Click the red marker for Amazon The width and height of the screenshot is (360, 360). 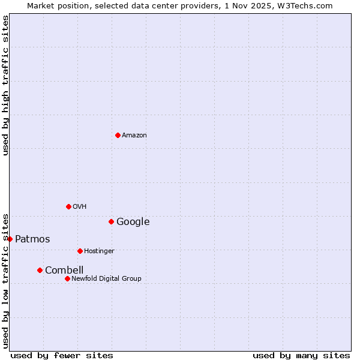(x=118, y=135)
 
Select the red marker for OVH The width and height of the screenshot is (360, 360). (x=68, y=206)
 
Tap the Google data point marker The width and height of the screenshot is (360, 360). (x=111, y=221)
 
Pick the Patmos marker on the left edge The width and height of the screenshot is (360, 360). (x=10, y=239)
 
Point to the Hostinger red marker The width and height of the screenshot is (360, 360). (x=80, y=251)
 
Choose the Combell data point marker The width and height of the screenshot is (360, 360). (x=40, y=270)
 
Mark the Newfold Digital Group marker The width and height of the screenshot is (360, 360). (x=67, y=278)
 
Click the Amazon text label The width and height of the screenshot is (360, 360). (x=134, y=136)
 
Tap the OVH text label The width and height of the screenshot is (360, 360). (x=80, y=207)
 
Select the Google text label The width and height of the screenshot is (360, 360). (x=133, y=222)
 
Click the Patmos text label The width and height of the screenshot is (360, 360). (x=32, y=239)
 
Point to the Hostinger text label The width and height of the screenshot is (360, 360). (x=99, y=251)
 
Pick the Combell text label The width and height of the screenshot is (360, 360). (x=64, y=271)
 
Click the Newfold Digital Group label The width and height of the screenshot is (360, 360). (x=106, y=279)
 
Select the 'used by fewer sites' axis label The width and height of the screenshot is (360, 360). (x=62, y=355)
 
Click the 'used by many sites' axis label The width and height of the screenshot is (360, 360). (x=301, y=355)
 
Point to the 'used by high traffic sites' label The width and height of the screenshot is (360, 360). (x=5, y=85)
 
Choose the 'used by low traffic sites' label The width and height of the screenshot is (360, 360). (x=5, y=281)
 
